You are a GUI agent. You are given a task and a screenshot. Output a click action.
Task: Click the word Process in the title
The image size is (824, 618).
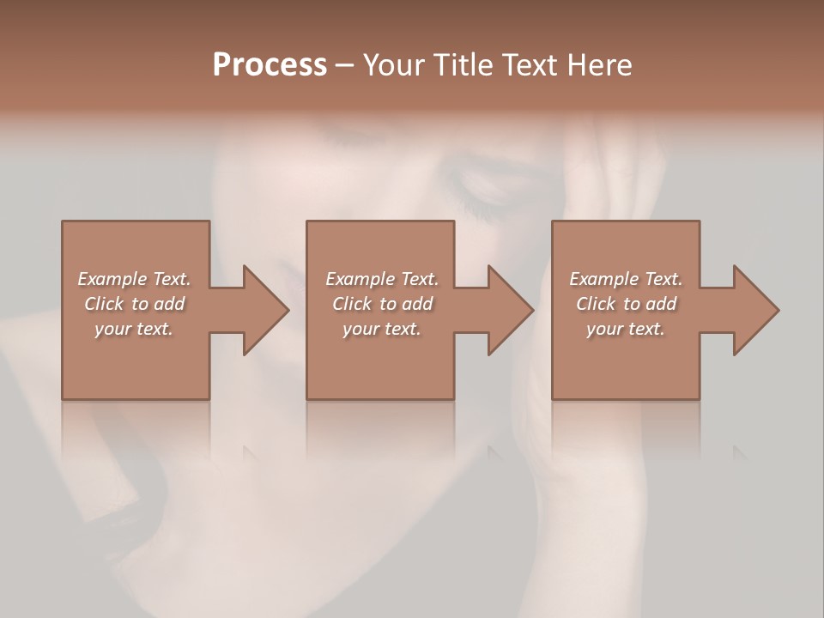pyautogui.click(x=270, y=65)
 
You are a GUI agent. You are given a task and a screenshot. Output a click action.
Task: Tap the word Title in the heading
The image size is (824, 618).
pyautogui.click(x=462, y=65)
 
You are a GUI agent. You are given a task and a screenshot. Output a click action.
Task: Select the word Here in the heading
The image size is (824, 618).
pyautogui.click(x=600, y=65)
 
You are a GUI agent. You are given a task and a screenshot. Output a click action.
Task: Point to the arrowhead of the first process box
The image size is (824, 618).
pyautogui.click(x=266, y=310)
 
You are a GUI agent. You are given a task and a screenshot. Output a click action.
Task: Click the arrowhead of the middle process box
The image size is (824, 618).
pyautogui.click(x=511, y=310)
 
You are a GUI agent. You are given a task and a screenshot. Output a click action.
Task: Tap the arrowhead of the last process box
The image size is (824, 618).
pyautogui.click(x=756, y=310)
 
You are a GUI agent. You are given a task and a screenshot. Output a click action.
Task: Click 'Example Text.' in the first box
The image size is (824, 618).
pyautogui.click(x=134, y=279)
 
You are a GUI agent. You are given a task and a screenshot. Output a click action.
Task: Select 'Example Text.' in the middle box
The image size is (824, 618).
pyautogui.click(x=382, y=279)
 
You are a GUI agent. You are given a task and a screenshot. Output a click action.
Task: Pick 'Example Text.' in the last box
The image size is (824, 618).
pyautogui.click(x=626, y=279)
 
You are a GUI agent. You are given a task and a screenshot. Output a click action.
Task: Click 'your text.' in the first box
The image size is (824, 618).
pyautogui.click(x=134, y=329)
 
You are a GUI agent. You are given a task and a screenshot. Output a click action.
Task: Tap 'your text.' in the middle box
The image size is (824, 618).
pyautogui.click(x=382, y=329)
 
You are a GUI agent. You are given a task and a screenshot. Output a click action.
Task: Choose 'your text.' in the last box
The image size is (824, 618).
pyautogui.click(x=626, y=329)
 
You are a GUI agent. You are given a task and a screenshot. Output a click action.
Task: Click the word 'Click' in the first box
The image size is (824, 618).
pyautogui.click(x=104, y=304)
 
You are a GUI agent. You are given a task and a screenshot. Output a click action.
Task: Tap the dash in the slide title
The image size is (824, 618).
pyautogui.click(x=345, y=66)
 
